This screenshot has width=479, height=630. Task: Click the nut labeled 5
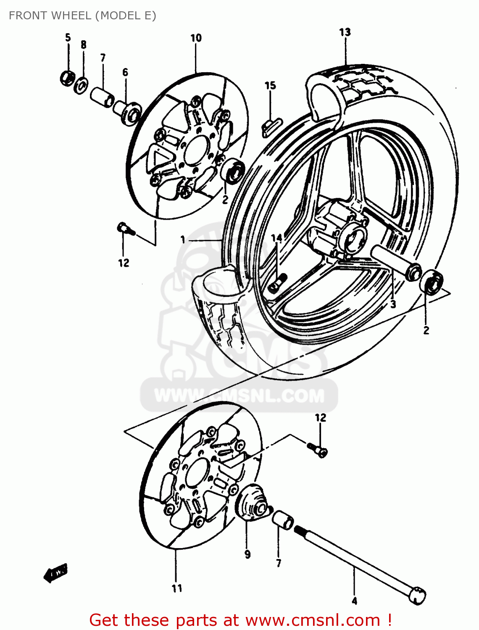[66, 78]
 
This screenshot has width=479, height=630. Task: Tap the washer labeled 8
[81, 85]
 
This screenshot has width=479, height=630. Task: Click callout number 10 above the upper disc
[196, 38]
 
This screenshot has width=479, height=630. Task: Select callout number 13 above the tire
[345, 32]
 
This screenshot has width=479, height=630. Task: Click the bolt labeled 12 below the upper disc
[125, 229]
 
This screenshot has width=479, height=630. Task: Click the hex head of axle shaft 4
[418, 595]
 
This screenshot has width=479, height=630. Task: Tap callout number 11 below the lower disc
[177, 588]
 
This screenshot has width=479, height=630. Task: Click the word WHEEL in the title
[71, 16]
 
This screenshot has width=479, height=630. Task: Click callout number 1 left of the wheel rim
[183, 239]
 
